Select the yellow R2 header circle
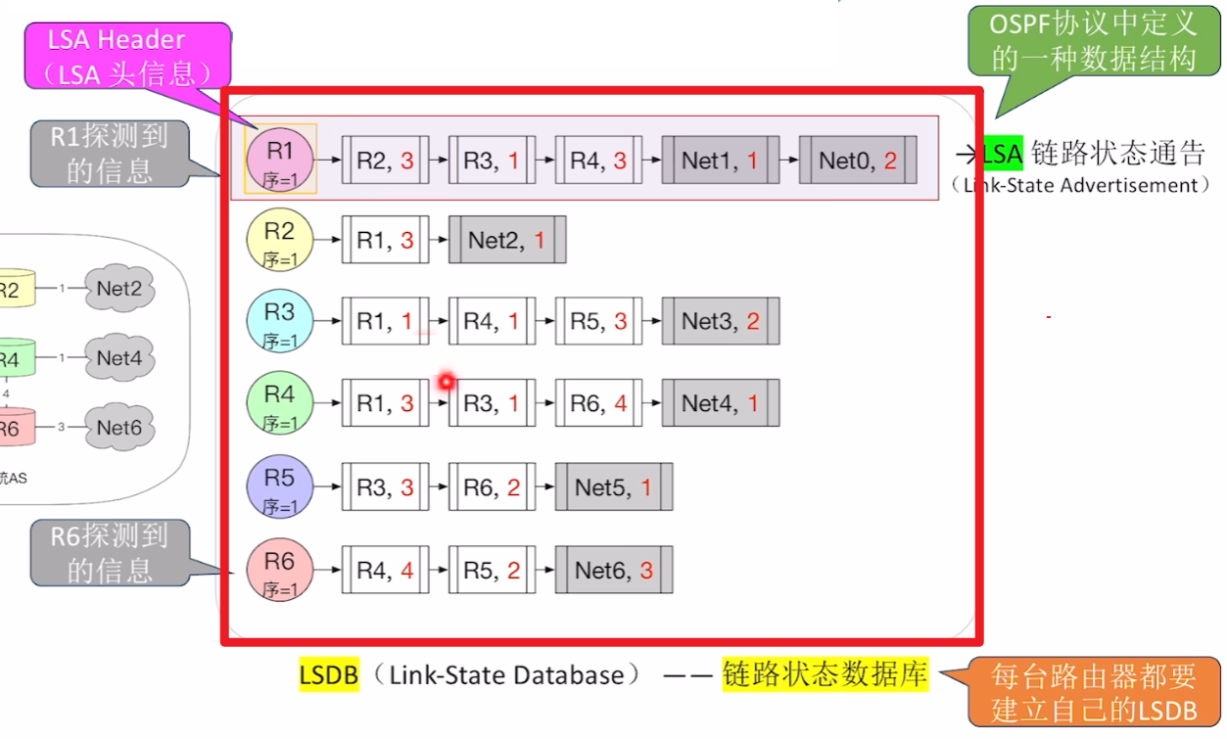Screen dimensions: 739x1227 [x=280, y=240]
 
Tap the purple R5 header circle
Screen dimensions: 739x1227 [x=280, y=486]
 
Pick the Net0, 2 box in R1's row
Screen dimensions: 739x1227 [x=858, y=161]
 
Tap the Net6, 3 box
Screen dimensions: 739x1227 [x=614, y=571]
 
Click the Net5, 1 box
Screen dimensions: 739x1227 [x=614, y=487]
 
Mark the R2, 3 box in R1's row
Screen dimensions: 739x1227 [x=386, y=161]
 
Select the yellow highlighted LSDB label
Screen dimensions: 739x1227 [x=329, y=674]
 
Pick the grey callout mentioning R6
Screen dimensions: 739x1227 [x=110, y=552]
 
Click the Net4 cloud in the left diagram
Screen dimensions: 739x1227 [x=119, y=358]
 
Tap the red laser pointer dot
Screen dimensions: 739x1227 [x=447, y=381]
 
